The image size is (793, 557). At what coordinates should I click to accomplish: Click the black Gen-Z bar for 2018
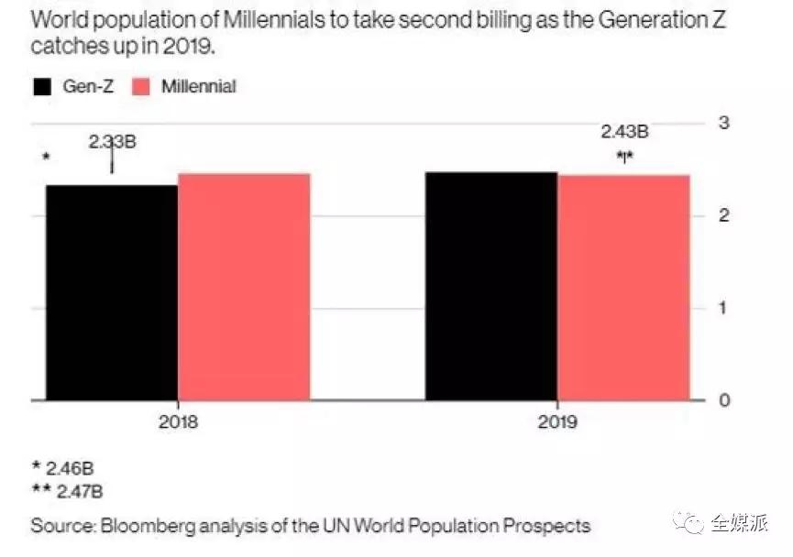click(111, 292)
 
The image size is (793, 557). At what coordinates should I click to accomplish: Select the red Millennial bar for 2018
click(244, 286)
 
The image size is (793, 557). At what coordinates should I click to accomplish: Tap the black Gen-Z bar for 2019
click(491, 285)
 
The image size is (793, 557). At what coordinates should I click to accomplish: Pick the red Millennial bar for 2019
click(624, 287)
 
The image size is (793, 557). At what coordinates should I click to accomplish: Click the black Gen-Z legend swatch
click(43, 87)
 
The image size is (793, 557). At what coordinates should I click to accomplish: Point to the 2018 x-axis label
click(178, 423)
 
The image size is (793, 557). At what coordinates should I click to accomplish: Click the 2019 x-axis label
click(557, 423)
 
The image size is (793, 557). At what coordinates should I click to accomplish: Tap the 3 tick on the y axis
click(722, 123)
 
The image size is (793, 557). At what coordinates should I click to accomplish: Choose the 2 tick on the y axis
click(722, 215)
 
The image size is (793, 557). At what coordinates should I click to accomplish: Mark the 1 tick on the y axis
click(722, 308)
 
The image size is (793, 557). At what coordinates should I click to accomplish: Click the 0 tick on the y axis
click(722, 400)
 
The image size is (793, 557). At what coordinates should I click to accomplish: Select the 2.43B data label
click(624, 132)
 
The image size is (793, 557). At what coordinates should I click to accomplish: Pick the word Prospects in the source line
click(547, 527)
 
